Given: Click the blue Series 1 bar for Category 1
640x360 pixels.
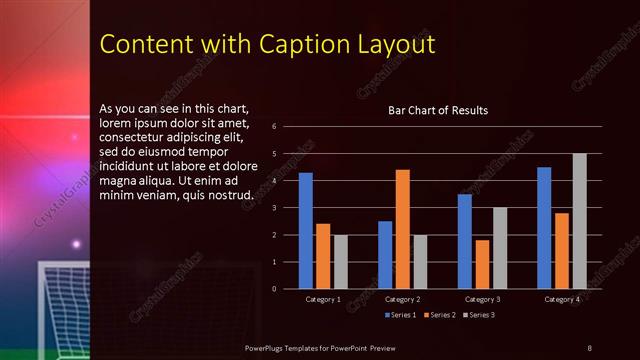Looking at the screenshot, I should click(306, 231).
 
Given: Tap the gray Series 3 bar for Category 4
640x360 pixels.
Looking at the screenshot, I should click(579, 221).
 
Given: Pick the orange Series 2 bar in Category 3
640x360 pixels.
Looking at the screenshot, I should click(482, 264).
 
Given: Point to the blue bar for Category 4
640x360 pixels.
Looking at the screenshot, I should click(544, 228).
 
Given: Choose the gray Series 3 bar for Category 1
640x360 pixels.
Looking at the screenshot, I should click(341, 262).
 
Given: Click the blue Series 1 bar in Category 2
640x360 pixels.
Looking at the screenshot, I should click(385, 255).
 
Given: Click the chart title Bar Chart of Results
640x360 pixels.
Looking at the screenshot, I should click(438, 111).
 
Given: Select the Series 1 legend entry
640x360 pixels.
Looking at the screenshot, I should click(401, 315).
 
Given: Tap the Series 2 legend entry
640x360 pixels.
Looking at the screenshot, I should click(439, 315).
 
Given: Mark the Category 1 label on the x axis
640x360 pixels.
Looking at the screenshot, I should click(323, 299).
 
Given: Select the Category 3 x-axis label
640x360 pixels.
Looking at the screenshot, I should click(482, 299).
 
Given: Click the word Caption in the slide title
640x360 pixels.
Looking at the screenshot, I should click(297, 44).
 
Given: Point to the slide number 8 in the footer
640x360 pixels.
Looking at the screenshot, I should click(589, 347).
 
